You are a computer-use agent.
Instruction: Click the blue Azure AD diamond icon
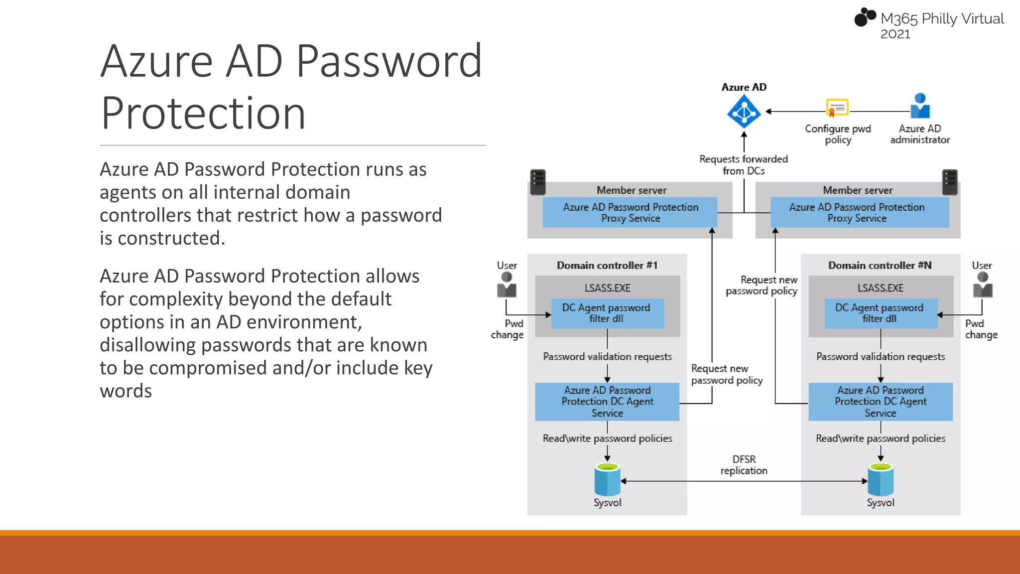pos(744,112)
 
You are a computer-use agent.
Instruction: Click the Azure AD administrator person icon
pos(920,106)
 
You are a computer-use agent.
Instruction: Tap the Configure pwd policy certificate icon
pos(837,108)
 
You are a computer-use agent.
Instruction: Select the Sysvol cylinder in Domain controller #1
pos(607,479)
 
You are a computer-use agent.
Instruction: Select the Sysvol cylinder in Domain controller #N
pos(881,479)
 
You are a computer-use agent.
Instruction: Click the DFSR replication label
pos(744,465)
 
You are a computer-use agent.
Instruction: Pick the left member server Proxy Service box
pos(630,213)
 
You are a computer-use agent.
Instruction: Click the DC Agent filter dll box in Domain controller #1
pos(607,313)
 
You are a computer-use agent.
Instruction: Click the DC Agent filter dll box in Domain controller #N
pos(881,313)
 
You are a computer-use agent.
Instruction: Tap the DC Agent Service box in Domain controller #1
pos(607,402)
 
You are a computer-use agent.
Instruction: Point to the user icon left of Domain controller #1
pos(507,285)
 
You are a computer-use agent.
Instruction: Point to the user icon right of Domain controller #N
pos(983,285)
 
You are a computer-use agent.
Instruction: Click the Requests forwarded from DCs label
pos(744,165)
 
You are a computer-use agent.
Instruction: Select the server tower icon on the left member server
pos(538,182)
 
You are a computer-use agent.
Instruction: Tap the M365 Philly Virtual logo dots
pos(865,17)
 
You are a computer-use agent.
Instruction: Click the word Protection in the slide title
pos(203,114)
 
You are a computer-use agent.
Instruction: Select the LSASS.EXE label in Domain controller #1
pos(607,288)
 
